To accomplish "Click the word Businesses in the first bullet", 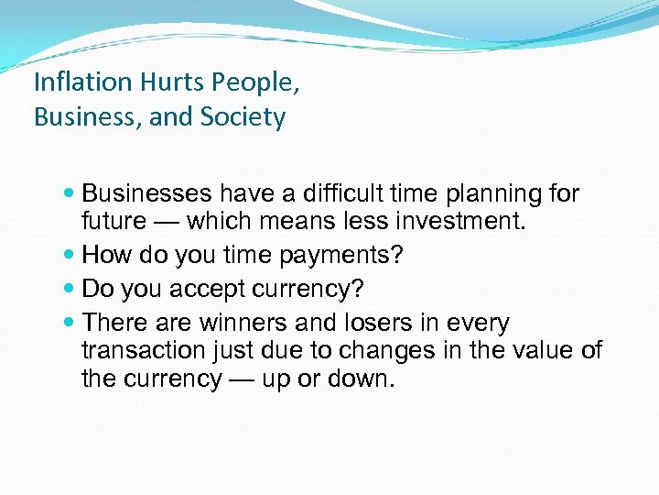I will click(146, 193).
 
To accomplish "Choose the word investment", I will click(458, 221).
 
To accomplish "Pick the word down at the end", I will click(364, 379).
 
